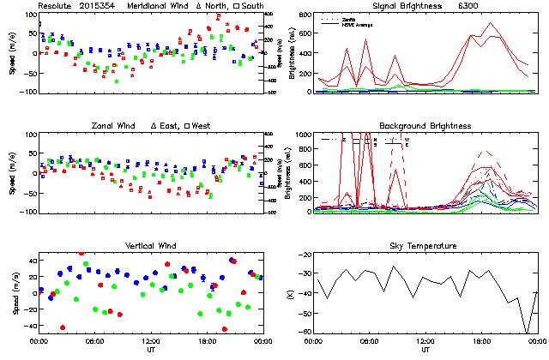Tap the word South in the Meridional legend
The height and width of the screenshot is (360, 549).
(x=253, y=6)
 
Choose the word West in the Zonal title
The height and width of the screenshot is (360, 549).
(x=207, y=126)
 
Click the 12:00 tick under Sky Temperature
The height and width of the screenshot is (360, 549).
(x=426, y=341)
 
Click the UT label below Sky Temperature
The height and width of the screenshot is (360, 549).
(x=426, y=350)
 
